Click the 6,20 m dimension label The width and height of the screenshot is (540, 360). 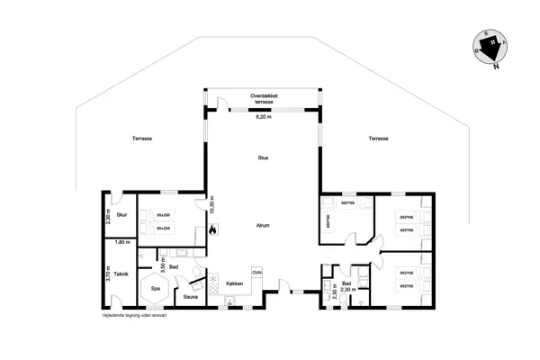point(264,117)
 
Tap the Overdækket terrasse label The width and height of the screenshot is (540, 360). point(263,98)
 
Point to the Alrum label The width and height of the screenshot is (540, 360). point(263,226)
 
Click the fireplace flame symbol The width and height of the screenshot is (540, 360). point(212,229)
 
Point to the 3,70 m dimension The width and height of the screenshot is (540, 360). point(108,274)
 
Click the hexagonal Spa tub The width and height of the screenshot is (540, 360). point(155,288)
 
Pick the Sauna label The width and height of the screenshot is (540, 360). point(191,296)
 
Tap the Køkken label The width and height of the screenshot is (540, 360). point(236,283)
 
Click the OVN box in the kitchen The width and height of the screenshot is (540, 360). point(256,272)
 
